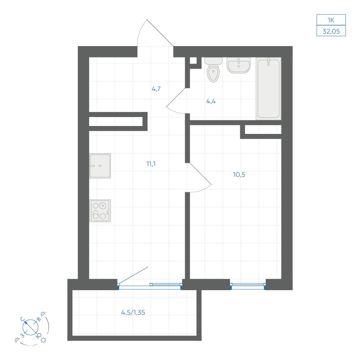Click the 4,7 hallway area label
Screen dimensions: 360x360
click(156, 89)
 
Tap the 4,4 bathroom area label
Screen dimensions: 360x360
click(211, 101)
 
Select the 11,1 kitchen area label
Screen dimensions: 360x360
click(151, 164)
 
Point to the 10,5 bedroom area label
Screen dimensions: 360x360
click(239, 175)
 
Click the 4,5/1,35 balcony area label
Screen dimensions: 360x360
click(133, 312)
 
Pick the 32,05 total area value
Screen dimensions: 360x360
click(331, 31)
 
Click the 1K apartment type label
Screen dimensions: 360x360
click(331, 20)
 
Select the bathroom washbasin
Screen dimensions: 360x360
click(239, 65)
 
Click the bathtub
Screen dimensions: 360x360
click(269, 89)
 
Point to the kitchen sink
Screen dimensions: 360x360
click(100, 166)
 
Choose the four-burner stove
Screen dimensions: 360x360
click(100, 211)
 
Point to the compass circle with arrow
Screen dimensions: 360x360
click(31, 327)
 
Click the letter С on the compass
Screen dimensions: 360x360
click(22, 319)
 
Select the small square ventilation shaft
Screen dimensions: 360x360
click(193, 60)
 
